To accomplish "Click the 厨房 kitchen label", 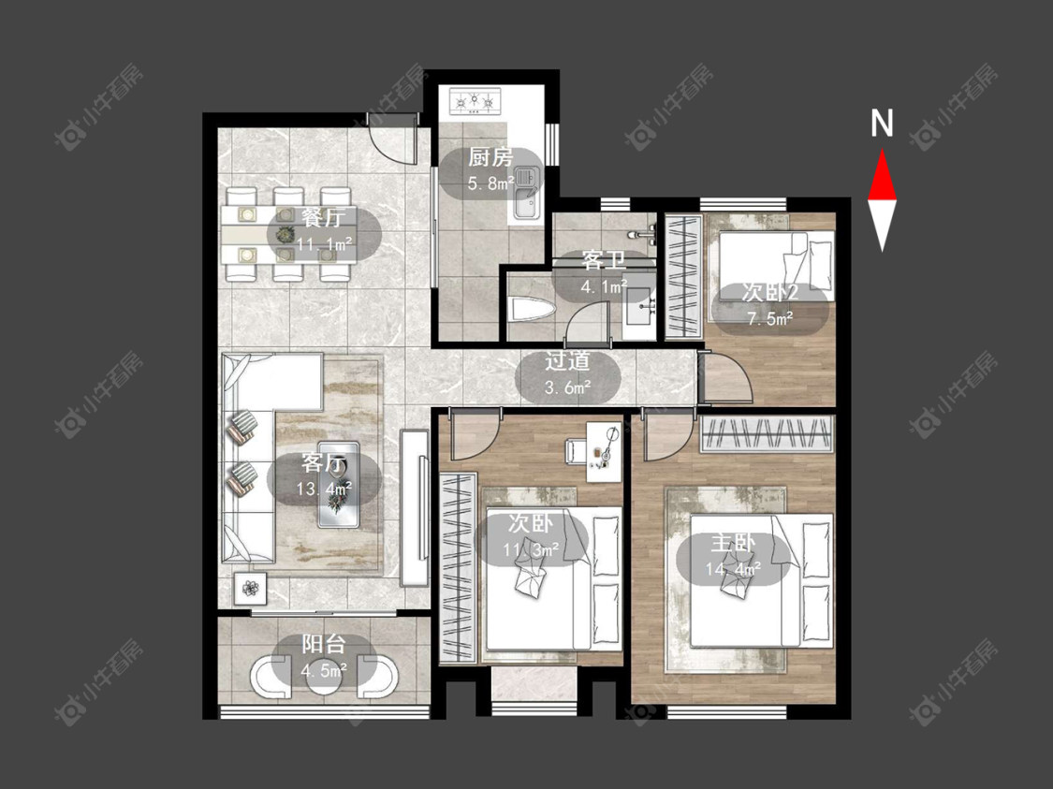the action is (490, 158).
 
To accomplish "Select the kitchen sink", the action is (528, 193).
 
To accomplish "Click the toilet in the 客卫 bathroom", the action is (532, 310).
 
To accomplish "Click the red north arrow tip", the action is (882, 152).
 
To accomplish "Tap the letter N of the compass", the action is (882, 123).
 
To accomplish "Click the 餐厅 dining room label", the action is (323, 218).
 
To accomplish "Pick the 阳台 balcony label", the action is (323, 644).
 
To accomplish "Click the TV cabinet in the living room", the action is (415, 507).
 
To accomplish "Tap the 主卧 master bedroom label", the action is (733, 543).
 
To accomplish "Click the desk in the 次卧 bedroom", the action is (605, 451).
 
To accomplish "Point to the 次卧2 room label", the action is (769, 293).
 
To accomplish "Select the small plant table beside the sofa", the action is (251, 589).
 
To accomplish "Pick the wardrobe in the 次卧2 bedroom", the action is (683, 276).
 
